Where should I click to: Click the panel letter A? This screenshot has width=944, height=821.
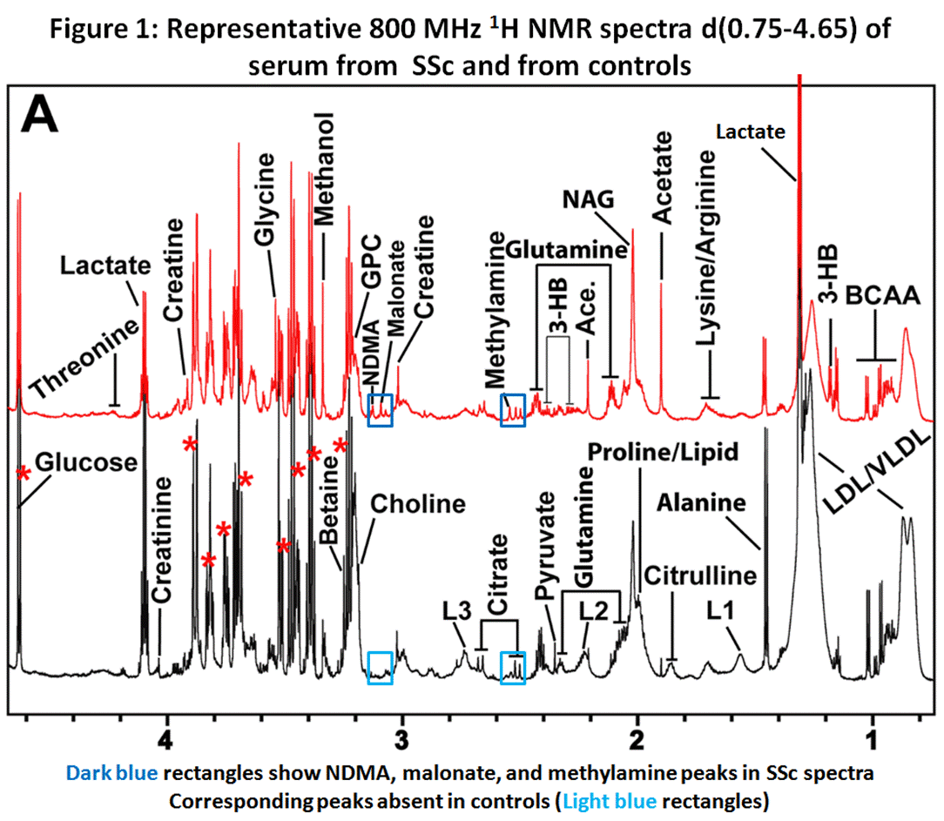41,116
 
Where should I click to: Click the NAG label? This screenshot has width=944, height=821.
586,199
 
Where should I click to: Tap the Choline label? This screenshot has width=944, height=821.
418,504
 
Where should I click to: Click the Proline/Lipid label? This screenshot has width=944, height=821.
664,452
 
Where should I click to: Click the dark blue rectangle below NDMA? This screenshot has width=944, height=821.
381,410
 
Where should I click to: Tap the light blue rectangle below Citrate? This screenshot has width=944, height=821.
513,668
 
